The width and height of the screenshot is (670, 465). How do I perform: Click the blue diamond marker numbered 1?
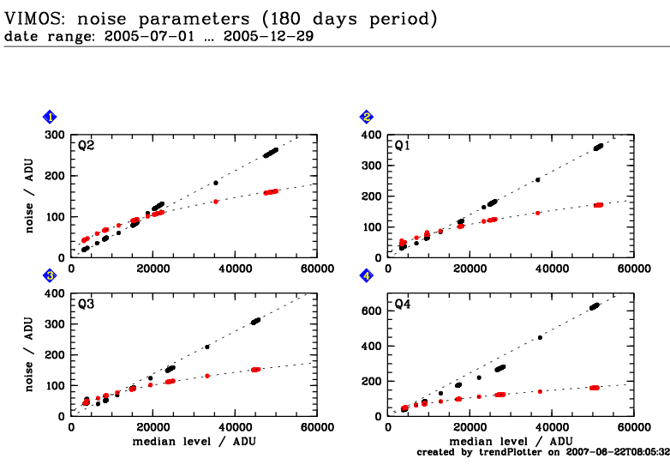click(x=51, y=118)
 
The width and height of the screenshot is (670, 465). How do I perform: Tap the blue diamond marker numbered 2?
click(x=367, y=118)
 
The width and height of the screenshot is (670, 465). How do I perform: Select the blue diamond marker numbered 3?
click(x=51, y=275)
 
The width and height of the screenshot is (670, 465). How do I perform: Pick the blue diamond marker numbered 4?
click(x=367, y=275)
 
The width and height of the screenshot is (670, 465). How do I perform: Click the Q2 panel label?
click(x=86, y=146)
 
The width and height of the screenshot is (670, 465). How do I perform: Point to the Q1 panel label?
click(x=402, y=146)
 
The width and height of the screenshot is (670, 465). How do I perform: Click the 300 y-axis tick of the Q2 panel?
click(x=56, y=136)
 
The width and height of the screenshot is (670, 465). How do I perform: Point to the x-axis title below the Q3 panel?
click(x=194, y=441)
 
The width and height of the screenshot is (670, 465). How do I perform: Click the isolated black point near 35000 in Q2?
click(x=215, y=183)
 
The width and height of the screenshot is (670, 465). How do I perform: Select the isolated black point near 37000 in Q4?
click(x=540, y=337)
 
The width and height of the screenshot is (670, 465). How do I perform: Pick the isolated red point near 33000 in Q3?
click(x=207, y=376)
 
